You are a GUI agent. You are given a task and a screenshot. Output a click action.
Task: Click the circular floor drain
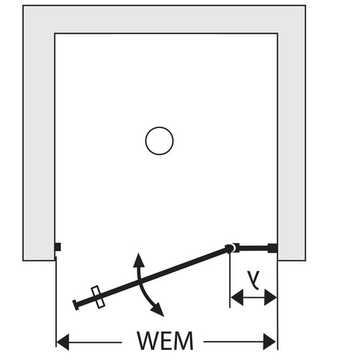click(159, 127)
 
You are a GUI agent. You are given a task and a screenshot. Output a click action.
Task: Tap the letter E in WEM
click(167, 341)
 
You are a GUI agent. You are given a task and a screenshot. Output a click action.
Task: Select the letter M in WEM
click(184, 341)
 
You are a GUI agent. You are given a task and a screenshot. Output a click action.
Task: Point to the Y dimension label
click(254, 279)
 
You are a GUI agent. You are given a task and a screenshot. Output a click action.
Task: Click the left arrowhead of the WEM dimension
click(63, 342)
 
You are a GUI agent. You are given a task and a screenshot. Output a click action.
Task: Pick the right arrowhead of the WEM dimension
click(270, 342)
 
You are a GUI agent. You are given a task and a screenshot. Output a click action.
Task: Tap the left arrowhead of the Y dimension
click(237, 297)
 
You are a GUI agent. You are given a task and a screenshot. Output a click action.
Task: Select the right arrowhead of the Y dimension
click(271, 297)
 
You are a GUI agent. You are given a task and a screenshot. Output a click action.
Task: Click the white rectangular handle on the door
click(98, 297)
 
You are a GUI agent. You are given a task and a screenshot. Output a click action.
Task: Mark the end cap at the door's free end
click(76, 305)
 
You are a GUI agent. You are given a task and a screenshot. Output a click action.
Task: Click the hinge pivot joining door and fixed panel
click(230, 248)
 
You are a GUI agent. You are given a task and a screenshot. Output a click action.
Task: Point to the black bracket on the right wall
click(272, 248)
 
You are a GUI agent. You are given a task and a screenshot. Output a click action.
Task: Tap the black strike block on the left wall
click(58, 247)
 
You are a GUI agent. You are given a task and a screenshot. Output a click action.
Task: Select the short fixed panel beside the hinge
click(253, 248)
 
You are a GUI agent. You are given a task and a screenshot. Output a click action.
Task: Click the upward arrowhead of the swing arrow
click(138, 260)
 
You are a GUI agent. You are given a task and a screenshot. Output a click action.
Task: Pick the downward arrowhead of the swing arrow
click(158, 310)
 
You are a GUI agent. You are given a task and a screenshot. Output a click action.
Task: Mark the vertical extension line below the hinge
click(230, 280)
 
